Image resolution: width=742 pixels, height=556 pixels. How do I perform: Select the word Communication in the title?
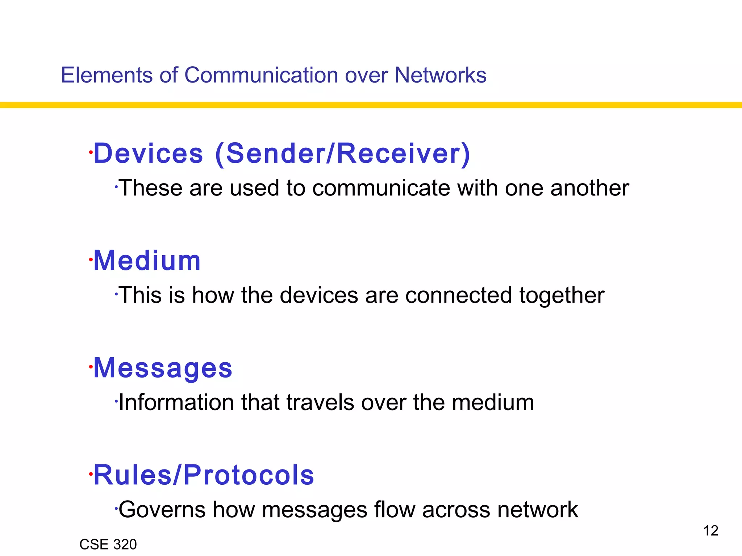point(261,75)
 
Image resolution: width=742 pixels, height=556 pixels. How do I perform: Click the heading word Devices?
point(149,153)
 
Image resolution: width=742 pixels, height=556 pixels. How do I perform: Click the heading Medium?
point(147,261)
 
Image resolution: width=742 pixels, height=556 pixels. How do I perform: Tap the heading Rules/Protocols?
point(204,475)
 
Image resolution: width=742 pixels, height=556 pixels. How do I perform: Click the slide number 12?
point(710,531)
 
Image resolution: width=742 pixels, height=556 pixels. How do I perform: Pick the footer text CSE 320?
point(108,544)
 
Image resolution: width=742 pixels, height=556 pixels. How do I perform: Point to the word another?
point(589,188)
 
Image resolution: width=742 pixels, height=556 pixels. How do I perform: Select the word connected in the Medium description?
point(458,295)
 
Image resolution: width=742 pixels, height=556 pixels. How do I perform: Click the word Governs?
point(162,510)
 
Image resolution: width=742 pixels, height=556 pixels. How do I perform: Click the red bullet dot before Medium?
point(91,259)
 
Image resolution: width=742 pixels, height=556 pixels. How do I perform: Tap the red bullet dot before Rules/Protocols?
point(91,473)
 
